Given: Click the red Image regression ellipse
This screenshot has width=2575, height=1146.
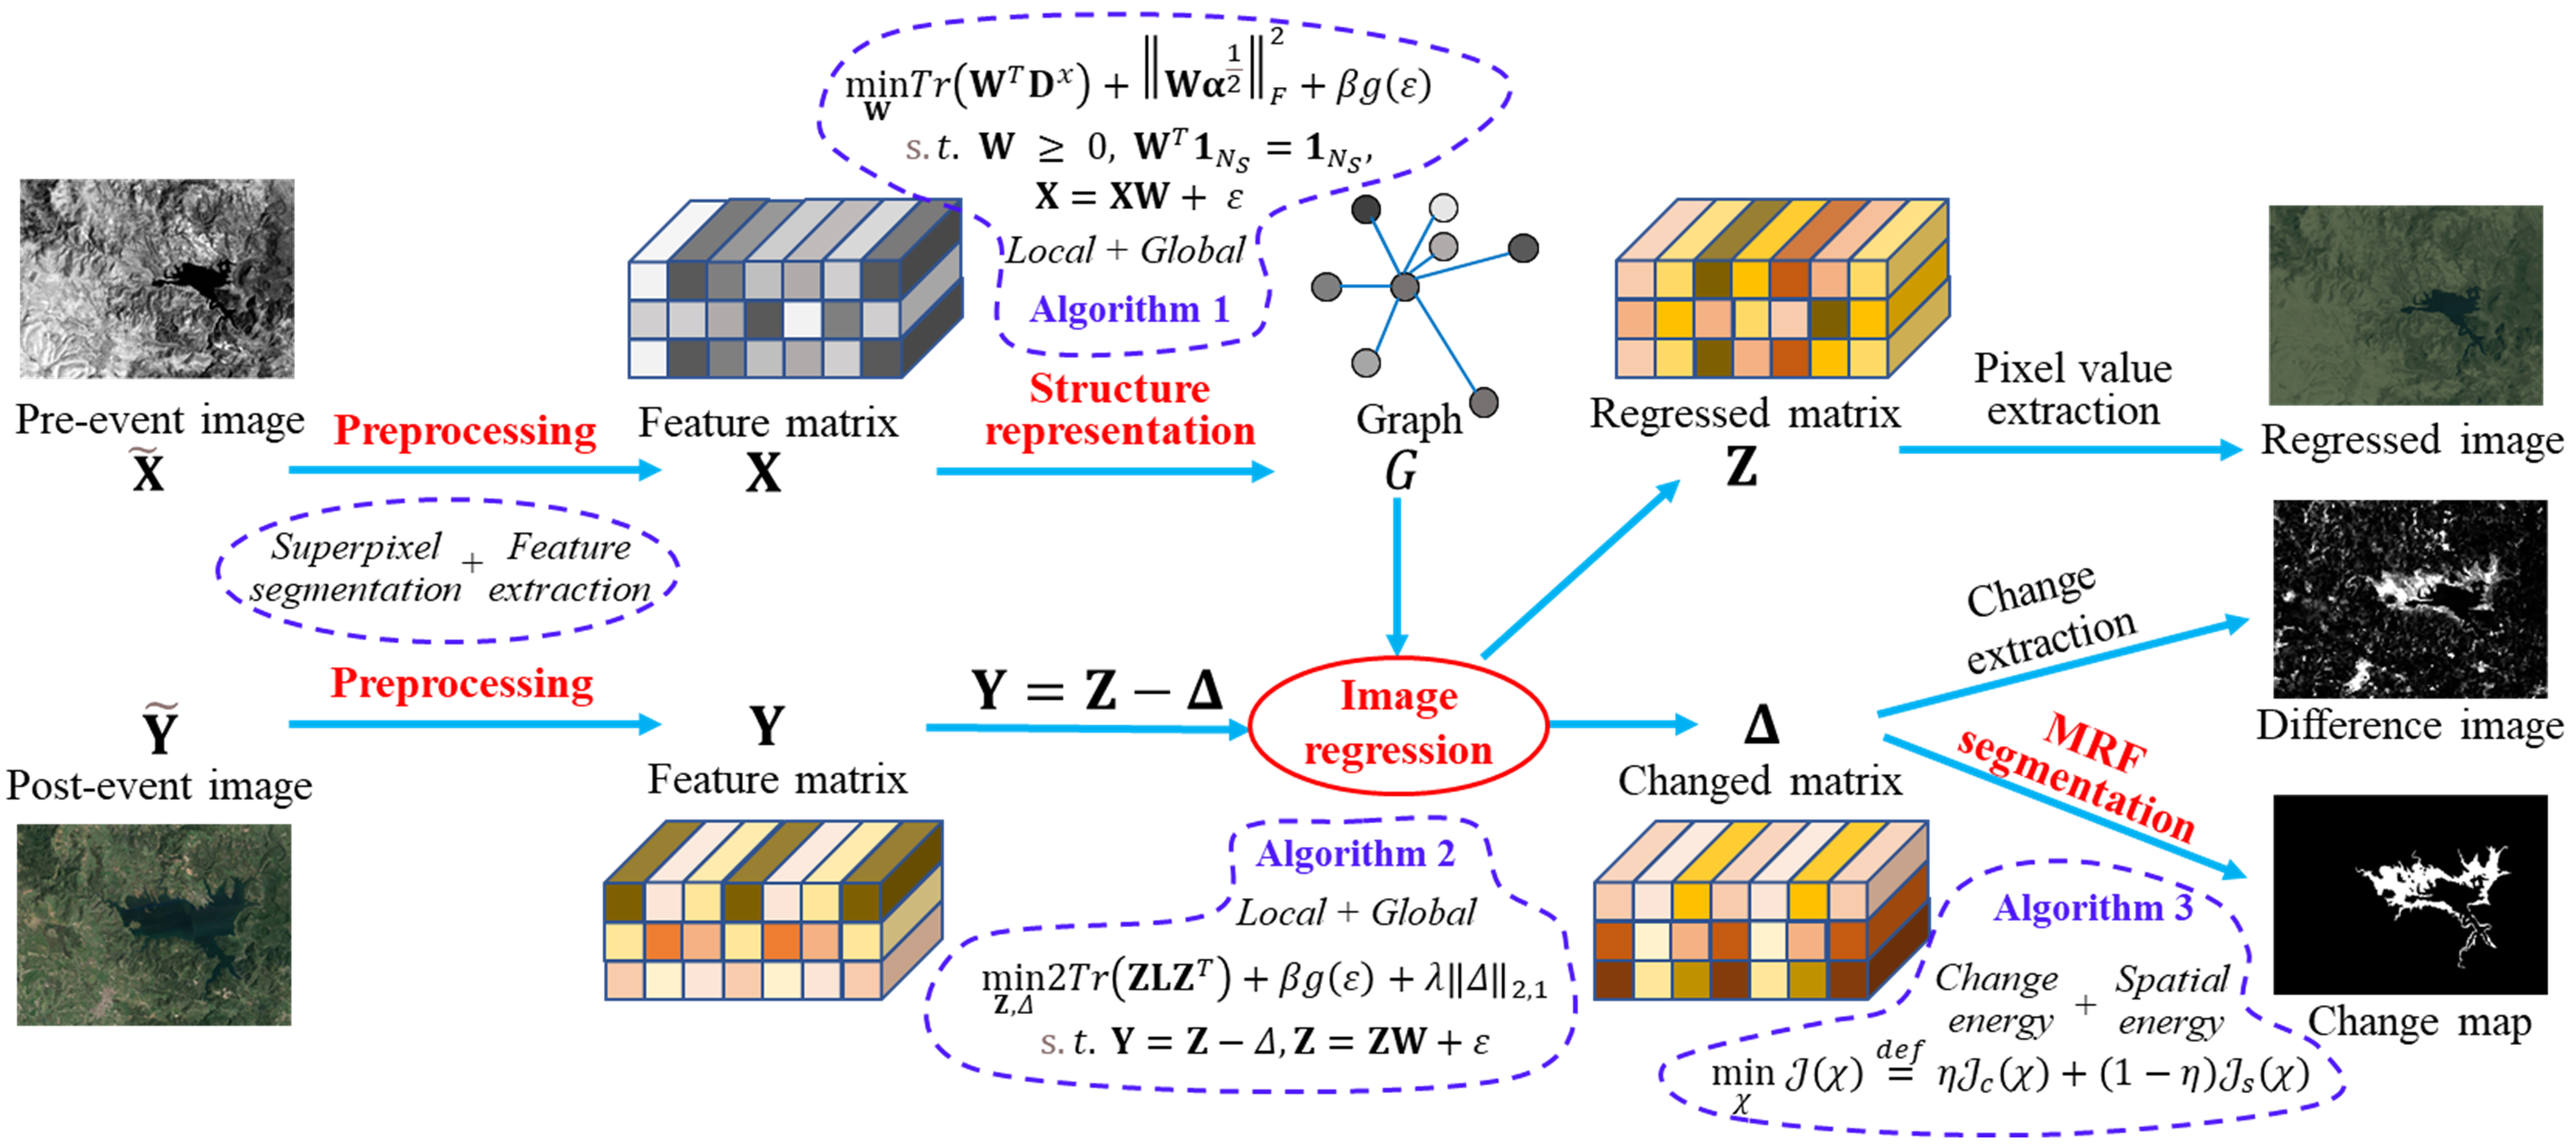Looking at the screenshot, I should pos(1397,724).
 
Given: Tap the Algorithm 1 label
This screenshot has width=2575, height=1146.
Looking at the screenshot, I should pos(1130,310).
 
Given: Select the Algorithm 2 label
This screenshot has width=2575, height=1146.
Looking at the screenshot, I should pos(1355,854).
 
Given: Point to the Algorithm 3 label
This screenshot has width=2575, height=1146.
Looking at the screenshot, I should pos(2092,908).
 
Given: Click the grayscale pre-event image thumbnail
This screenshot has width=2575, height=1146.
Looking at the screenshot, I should pos(157,279).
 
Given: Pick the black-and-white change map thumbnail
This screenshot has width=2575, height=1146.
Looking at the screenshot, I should pos(2409,894).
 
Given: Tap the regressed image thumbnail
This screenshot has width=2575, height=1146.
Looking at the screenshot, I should pos(2405,305).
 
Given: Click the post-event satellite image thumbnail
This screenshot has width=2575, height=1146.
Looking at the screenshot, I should pos(154,924).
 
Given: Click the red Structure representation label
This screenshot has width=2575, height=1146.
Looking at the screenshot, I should pos(1120,410).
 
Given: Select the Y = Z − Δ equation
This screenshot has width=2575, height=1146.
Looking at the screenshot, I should pos(1096,690).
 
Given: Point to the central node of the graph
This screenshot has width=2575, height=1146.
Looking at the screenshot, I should pos(1404,288).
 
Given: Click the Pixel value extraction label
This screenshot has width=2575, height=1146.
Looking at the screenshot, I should pos(2072,390).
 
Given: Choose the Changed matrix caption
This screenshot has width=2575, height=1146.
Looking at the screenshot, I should pos(1759,781).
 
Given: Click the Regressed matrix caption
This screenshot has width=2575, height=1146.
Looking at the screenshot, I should pos(1744,414).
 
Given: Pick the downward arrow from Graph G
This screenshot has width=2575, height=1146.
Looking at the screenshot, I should pos(1397,575).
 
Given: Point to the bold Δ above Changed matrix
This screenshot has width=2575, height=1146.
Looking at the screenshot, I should pos(1761,725).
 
